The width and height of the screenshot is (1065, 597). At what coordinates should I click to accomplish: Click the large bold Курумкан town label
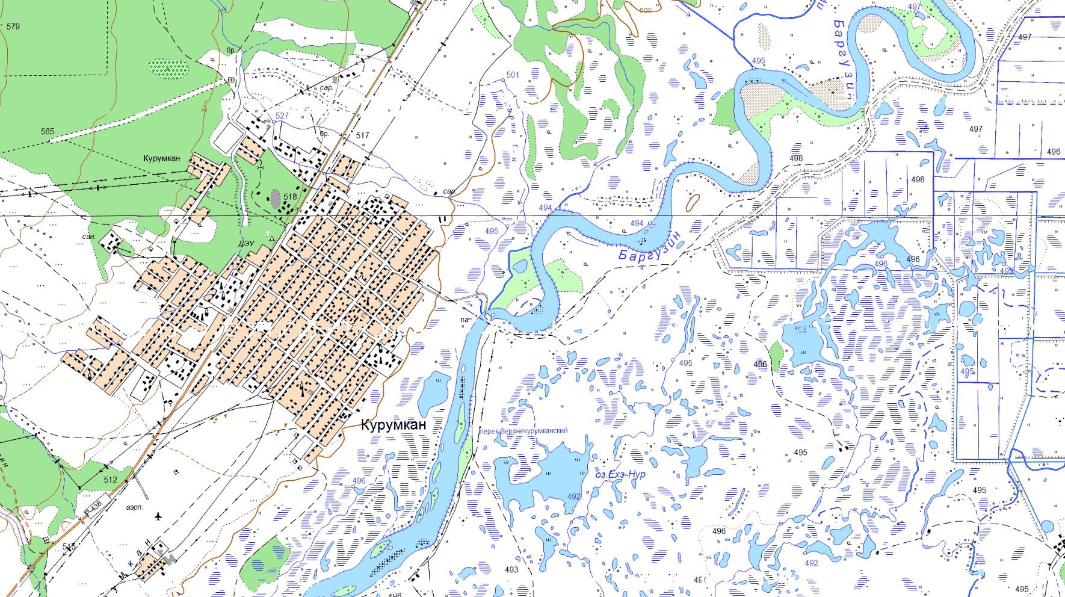click(394, 425)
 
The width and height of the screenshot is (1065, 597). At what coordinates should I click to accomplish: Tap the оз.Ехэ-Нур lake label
click(620, 474)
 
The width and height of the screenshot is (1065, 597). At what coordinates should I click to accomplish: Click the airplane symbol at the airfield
click(158, 516)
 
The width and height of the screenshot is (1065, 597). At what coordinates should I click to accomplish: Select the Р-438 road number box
click(93, 506)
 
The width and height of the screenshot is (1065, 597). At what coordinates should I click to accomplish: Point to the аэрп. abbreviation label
click(135, 507)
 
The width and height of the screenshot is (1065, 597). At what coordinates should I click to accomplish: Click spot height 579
click(13, 26)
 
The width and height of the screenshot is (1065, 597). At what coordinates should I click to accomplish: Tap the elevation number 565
click(48, 131)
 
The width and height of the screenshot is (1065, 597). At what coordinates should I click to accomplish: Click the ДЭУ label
click(246, 244)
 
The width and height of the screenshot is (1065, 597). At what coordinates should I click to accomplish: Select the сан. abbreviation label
click(88, 237)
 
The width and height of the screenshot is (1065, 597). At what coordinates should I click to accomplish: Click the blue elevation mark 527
click(282, 116)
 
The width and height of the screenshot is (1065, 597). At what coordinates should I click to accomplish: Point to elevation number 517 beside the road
click(362, 135)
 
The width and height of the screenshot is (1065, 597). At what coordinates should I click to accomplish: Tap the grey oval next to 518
click(276, 199)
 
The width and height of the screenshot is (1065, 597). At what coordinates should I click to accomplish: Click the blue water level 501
click(513, 75)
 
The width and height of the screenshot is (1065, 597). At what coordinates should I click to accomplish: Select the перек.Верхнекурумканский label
click(523, 431)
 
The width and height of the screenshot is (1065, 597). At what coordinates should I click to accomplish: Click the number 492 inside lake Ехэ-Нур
click(573, 496)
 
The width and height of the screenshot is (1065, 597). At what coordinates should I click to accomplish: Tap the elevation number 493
click(511, 569)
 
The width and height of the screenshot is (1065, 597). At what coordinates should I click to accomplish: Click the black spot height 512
click(110, 480)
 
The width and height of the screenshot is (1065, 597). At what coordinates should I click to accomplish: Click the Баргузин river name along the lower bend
click(649, 247)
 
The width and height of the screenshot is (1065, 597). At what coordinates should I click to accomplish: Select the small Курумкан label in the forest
click(161, 158)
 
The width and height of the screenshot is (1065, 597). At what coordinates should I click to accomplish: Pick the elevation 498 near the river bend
click(796, 158)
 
